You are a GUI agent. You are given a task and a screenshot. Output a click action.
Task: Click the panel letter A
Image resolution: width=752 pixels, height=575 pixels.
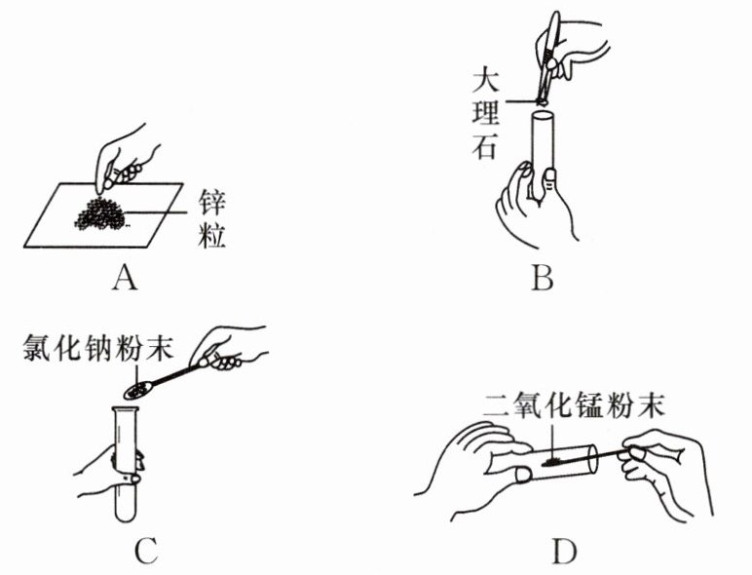(124, 280)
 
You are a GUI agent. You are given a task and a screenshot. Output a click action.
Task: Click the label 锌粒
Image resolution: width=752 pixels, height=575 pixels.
(209, 216)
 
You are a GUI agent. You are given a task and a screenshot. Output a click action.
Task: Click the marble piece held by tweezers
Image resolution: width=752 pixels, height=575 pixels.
(542, 98)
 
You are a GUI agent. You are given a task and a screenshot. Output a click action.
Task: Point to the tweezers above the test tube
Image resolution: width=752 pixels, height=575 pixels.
(551, 54)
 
